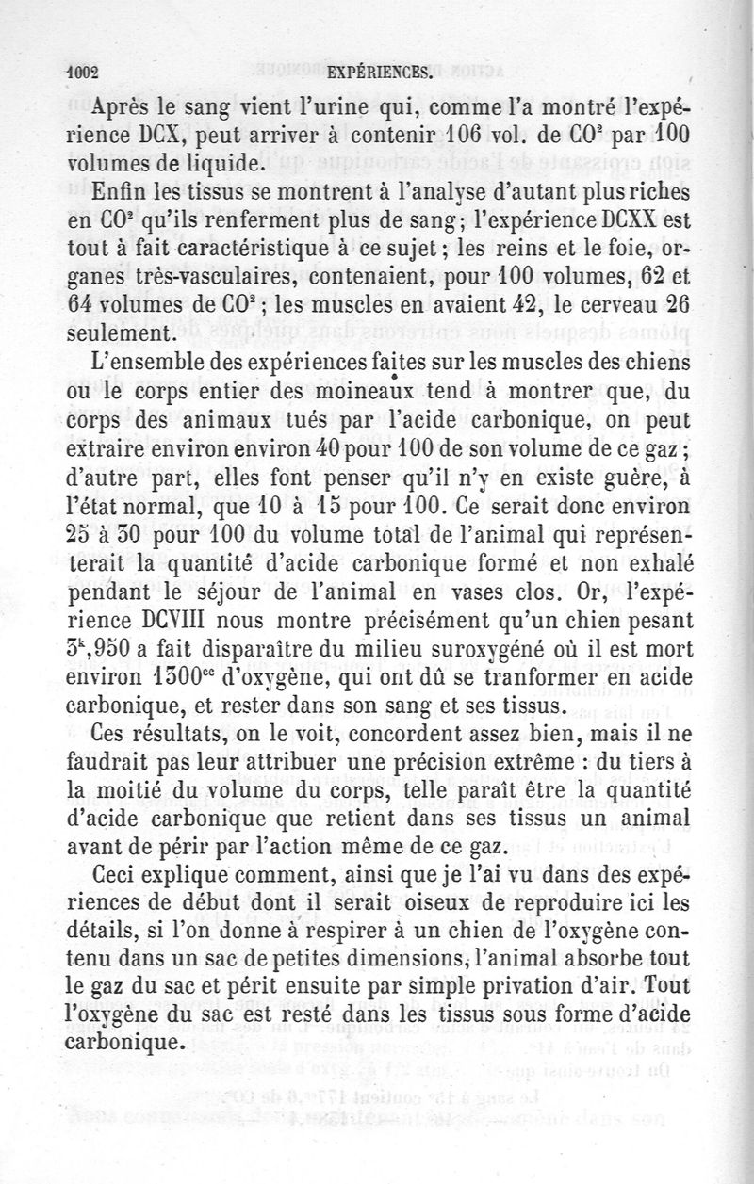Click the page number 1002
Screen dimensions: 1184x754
[x=82, y=72]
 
